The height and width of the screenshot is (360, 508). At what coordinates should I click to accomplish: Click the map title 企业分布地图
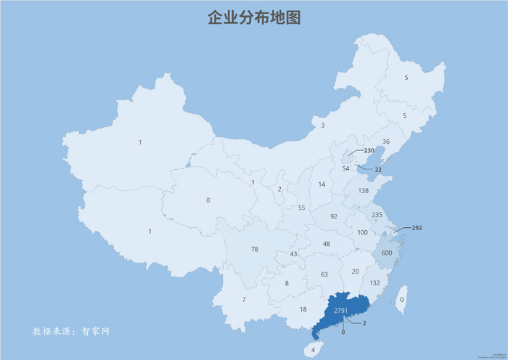pyautogui.click(x=253, y=18)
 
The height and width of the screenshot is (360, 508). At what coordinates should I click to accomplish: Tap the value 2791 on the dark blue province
pyautogui.click(x=340, y=311)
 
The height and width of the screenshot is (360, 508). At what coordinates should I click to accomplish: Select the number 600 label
pyautogui.click(x=387, y=253)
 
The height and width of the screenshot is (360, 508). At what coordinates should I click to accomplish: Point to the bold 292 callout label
pyautogui.click(x=417, y=228)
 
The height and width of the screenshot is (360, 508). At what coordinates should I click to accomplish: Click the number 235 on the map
pyautogui.click(x=377, y=215)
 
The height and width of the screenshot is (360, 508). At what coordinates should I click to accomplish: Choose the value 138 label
pyautogui.click(x=364, y=191)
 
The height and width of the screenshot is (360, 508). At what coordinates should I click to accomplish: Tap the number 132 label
pyautogui.click(x=375, y=283)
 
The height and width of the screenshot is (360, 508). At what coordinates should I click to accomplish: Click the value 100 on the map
pyautogui.click(x=363, y=233)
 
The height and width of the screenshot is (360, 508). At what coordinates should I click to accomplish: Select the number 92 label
pyautogui.click(x=334, y=216)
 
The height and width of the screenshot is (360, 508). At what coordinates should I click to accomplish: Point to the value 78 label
pyautogui.click(x=255, y=249)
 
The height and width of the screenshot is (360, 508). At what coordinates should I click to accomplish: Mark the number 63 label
pyautogui.click(x=324, y=274)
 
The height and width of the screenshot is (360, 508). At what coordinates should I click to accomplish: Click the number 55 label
pyautogui.click(x=302, y=208)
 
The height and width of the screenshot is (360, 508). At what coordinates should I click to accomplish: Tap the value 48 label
pyautogui.click(x=327, y=244)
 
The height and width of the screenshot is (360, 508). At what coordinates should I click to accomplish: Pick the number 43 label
pyautogui.click(x=293, y=254)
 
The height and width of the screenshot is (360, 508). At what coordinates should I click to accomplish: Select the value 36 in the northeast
pyautogui.click(x=386, y=142)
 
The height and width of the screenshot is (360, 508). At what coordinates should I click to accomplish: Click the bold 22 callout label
pyautogui.click(x=378, y=169)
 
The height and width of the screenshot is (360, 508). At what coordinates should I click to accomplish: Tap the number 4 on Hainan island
pyautogui.click(x=314, y=349)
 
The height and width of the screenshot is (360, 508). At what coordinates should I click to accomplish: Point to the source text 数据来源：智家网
pyautogui.click(x=70, y=331)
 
